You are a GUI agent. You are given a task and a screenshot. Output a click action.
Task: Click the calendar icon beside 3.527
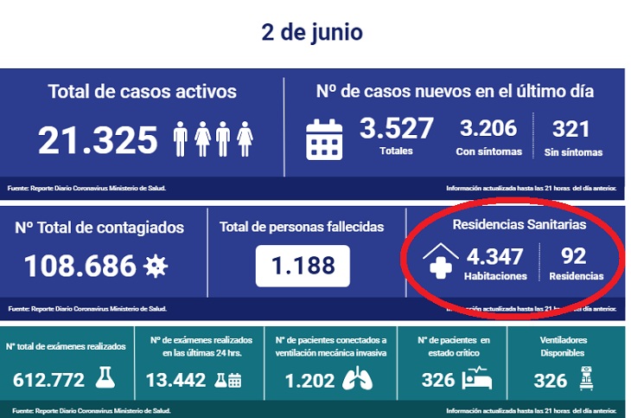(324, 139)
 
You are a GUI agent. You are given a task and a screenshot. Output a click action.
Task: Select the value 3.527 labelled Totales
(396, 129)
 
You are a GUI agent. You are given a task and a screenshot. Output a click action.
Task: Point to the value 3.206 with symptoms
(488, 129)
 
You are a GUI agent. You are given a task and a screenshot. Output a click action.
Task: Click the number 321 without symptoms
(570, 129)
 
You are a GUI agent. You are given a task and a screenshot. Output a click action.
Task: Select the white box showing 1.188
(303, 266)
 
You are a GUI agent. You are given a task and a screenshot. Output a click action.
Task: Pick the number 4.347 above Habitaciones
(494, 256)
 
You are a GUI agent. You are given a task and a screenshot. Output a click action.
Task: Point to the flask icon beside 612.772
(105, 378)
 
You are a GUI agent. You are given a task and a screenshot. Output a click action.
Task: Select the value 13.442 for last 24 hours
(176, 379)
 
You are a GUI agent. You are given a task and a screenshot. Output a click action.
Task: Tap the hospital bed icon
(478, 378)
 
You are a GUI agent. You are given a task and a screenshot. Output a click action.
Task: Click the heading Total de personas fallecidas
(302, 227)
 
